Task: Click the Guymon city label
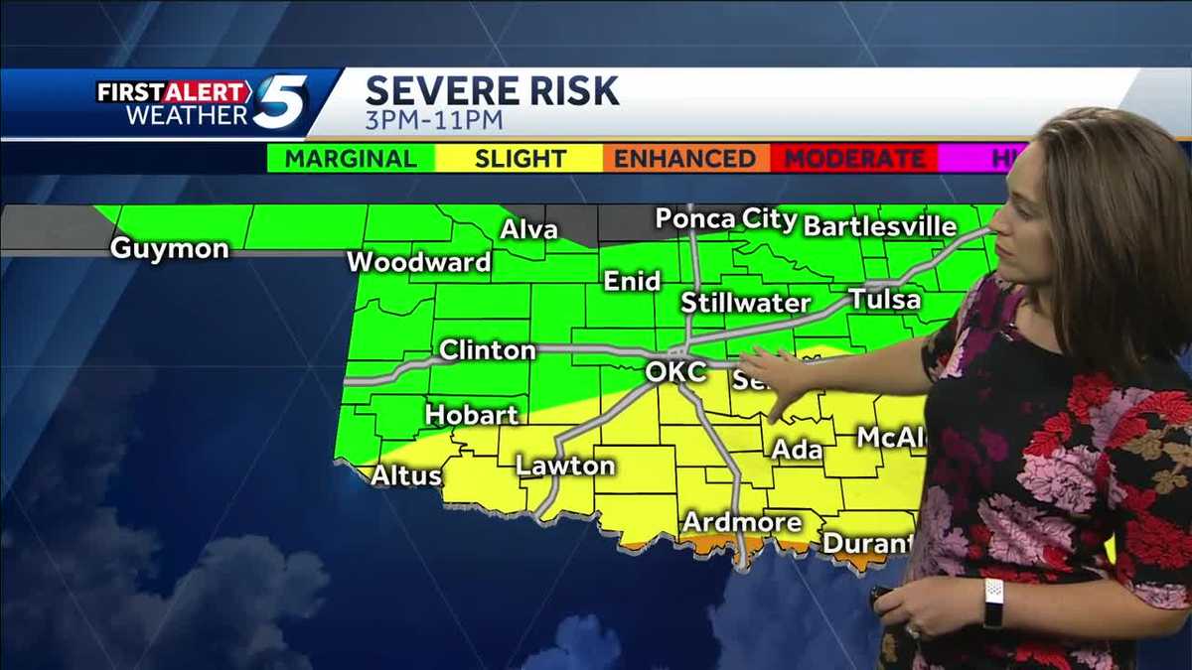(x=169, y=248)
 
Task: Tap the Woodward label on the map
(x=419, y=263)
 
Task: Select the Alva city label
(x=528, y=229)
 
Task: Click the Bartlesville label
(x=879, y=226)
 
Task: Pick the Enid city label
(x=633, y=282)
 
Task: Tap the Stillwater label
(x=746, y=303)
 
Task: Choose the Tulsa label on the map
(x=885, y=299)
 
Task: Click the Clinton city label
(x=488, y=350)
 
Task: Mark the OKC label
(x=676, y=372)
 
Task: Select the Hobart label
(x=472, y=414)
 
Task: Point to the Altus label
(x=406, y=476)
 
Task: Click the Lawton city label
(x=565, y=466)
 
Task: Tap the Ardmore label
(x=742, y=522)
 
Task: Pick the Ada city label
(x=798, y=450)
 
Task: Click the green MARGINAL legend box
(x=351, y=159)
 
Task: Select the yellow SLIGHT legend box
(x=520, y=159)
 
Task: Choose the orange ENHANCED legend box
(x=685, y=159)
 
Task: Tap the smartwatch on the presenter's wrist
(x=993, y=603)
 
